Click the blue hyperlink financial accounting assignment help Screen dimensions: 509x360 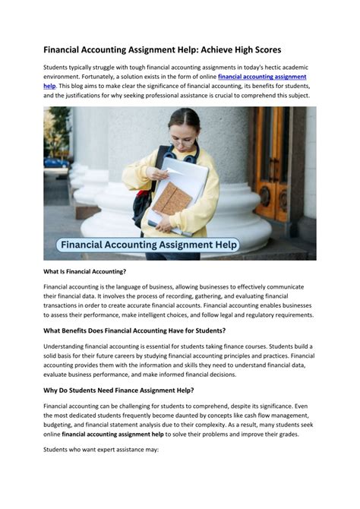point(262,77)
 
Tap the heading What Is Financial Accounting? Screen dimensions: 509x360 point(85,271)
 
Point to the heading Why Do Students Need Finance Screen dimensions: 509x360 point(118,390)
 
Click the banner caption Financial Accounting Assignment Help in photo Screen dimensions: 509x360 point(150,245)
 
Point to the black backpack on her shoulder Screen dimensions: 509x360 point(144,190)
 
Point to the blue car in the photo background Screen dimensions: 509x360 point(55,162)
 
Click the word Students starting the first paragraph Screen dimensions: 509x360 point(57,67)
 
